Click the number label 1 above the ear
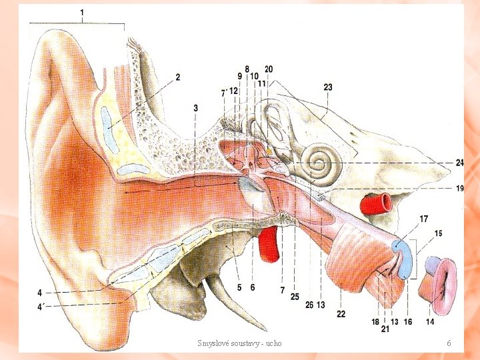[x=82, y=13]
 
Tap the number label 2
[x=178, y=77]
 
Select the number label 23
[x=328, y=87]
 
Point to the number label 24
[x=459, y=163]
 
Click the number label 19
[x=459, y=189]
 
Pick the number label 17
[x=424, y=218]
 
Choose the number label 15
[x=438, y=233]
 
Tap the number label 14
[x=430, y=322]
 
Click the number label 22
[x=341, y=313]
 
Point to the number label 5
[x=239, y=287]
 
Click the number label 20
[x=269, y=69]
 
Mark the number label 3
[x=195, y=107]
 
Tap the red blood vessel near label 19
[x=377, y=202]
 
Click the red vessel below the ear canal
[x=269, y=244]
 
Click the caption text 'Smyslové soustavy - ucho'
[x=239, y=343]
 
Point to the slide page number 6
[x=449, y=343]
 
